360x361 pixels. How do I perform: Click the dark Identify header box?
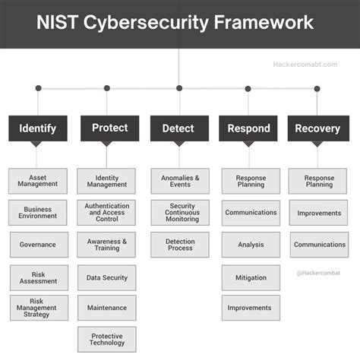(38, 128)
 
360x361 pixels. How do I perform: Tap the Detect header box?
(179, 128)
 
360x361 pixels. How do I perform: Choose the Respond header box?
(248, 128)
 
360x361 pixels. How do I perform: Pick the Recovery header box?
(317, 128)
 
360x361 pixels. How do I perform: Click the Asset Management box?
(38, 181)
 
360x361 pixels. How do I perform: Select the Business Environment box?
(38, 213)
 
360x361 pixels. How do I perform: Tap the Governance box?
(38, 245)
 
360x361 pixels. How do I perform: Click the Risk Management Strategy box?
(38, 308)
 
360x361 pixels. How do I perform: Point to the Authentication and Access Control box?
(107, 213)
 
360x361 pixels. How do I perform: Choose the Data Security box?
(107, 278)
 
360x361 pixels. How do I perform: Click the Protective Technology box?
(107, 339)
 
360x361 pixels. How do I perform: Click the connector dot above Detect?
(179, 88)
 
